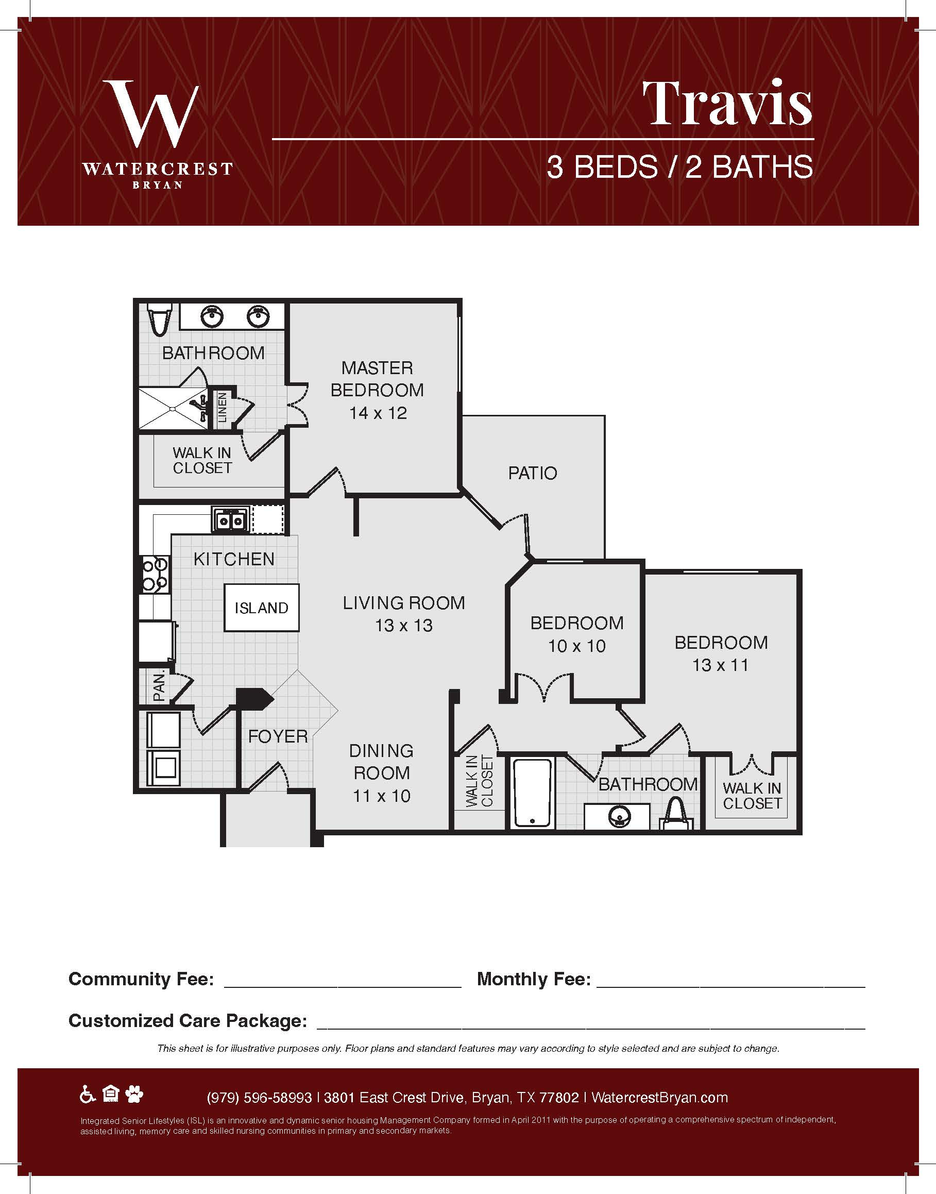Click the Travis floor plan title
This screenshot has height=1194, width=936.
tap(727, 103)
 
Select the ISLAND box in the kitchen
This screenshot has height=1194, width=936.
tap(261, 608)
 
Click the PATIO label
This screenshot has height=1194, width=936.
tap(532, 473)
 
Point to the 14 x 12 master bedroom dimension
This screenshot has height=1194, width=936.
tap(378, 413)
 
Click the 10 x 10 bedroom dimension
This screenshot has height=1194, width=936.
tap(576, 646)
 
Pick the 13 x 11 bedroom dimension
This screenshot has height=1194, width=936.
tap(720, 665)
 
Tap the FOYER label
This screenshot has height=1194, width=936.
tap(278, 736)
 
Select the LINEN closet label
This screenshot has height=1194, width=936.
tap(222, 407)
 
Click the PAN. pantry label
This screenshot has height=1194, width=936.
tap(159, 687)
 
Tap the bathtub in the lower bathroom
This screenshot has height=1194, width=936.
tap(532, 793)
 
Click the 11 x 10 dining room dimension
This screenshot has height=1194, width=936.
tap(381, 796)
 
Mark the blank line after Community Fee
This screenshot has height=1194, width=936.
tap(343, 987)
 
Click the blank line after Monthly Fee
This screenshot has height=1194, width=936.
tap(730, 987)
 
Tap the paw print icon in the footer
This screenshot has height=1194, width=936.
tap(134, 1095)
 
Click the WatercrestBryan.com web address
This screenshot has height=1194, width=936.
tap(660, 1098)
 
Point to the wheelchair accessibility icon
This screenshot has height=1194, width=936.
tap(88, 1095)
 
